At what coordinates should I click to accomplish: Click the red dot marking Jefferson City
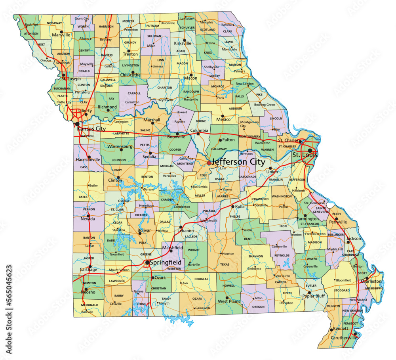point(209,163)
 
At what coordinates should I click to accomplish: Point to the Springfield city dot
point(147,262)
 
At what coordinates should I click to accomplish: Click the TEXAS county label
point(225,264)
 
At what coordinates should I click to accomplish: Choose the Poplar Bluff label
point(314,296)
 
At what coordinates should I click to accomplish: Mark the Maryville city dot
point(62,31)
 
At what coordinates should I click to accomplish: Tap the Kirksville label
point(183,43)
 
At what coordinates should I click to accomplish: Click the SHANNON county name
point(255,257)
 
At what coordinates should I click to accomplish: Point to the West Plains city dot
point(227,297)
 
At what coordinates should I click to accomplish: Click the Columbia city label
point(199,130)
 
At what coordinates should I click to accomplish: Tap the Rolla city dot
point(232,207)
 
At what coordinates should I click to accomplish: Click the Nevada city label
point(88,218)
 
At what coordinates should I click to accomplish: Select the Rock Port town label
point(32,25)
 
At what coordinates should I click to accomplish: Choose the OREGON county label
point(258,306)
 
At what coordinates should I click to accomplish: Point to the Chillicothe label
point(130,75)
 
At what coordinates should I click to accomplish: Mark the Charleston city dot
point(367,278)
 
